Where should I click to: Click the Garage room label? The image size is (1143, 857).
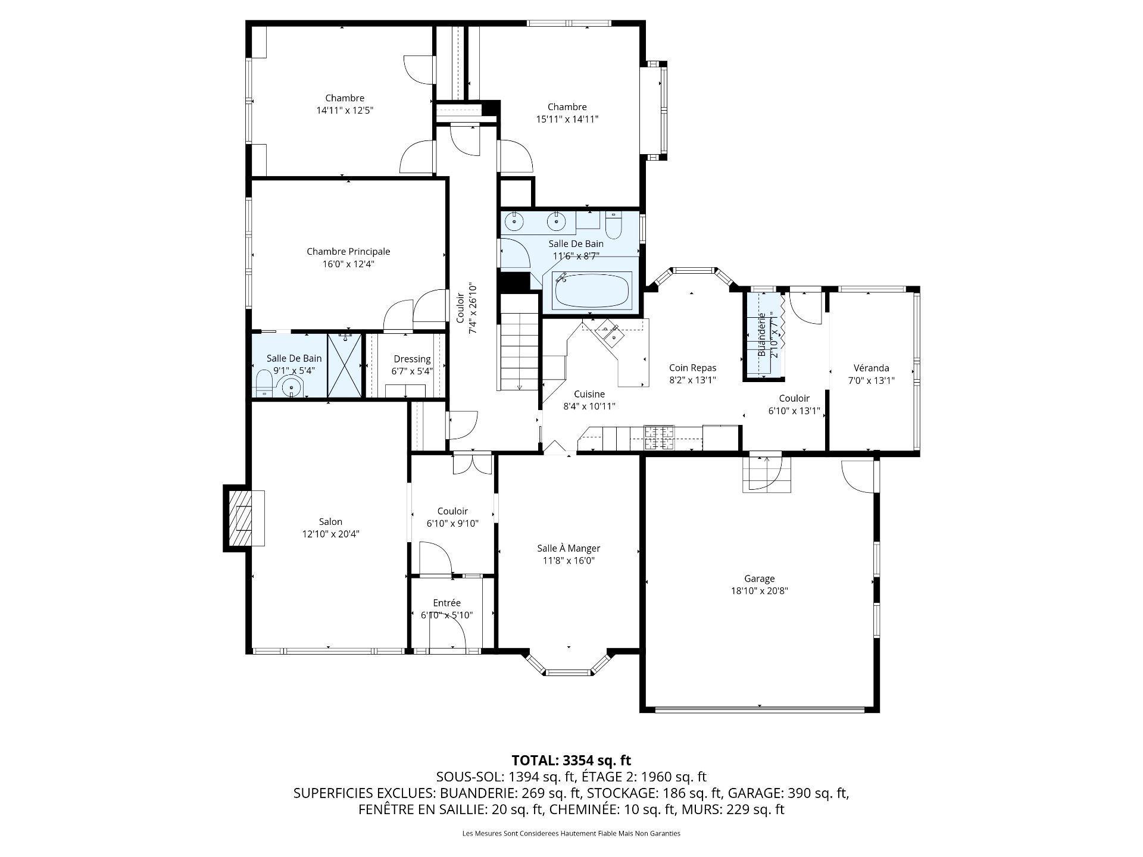tap(759, 578)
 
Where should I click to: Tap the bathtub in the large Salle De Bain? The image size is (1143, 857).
tap(591, 290)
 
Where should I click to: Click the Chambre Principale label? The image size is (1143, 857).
tap(348, 252)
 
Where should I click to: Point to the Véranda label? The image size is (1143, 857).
tap(871, 368)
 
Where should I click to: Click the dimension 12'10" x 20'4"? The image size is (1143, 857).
tap(330, 534)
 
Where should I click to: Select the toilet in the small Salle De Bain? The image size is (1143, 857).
tap(263, 384)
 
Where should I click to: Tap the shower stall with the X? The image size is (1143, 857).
tap(345, 365)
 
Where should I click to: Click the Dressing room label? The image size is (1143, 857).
tap(412, 359)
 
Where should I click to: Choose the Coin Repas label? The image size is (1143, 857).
tap(692, 368)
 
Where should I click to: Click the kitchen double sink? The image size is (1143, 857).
tap(609, 331)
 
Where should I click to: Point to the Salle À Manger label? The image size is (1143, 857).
tap(569, 549)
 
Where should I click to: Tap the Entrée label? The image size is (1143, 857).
tap(446, 603)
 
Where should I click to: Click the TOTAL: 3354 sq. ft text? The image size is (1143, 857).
tap(571, 761)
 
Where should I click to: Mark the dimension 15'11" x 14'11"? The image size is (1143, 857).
tap(567, 119)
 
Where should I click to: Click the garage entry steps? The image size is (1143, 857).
tap(767, 474)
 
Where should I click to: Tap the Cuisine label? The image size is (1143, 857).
tap(589, 394)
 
